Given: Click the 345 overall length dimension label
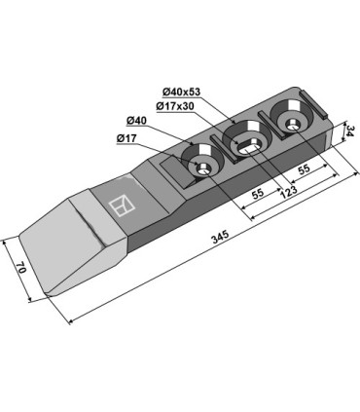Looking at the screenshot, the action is click(x=221, y=237).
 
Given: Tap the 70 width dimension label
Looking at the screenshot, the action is click(x=21, y=268).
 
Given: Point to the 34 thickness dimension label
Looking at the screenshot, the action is click(x=350, y=131).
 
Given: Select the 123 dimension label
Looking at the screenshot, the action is click(x=288, y=189).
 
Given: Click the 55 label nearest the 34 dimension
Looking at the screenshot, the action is click(x=304, y=169).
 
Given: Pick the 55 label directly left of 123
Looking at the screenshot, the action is click(x=258, y=194).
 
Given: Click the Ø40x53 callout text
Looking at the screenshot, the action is click(x=182, y=93).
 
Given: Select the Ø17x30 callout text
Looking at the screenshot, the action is click(x=175, y=106).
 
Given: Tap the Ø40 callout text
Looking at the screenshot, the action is click(x=136, y=121).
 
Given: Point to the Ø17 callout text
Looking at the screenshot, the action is click(x=126, y=138).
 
